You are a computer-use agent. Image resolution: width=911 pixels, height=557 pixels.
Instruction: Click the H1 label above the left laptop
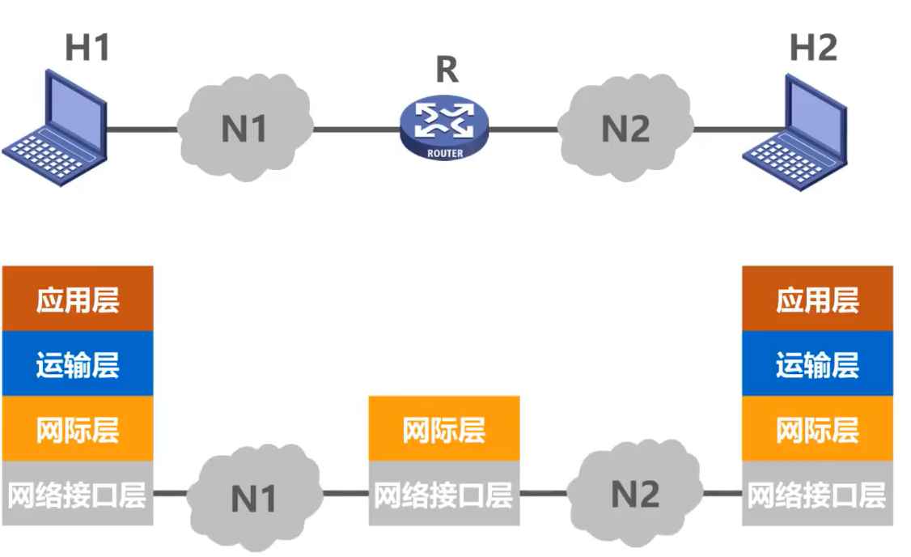point(87,49)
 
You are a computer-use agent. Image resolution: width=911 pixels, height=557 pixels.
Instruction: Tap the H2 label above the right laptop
point(813,49)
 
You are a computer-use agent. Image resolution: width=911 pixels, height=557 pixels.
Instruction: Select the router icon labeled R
point(445,125)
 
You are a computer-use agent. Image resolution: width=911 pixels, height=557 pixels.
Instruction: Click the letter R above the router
point(447,70)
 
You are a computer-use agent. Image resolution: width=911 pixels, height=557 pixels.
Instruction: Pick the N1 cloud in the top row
point(244,127)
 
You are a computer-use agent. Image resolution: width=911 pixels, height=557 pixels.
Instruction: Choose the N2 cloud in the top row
point(626,127)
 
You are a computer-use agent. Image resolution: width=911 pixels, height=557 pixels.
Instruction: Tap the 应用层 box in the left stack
point(78,299)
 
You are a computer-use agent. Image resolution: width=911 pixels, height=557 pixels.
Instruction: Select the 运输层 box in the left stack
point(78,364)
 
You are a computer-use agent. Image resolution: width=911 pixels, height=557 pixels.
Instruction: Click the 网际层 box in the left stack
point(78,429)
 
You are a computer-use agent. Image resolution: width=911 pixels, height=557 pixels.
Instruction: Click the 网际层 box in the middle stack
point(444,429)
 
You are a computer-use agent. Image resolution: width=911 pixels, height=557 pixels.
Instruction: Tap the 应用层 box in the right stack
point(818,299)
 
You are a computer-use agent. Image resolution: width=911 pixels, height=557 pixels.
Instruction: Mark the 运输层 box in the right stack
point(818,364)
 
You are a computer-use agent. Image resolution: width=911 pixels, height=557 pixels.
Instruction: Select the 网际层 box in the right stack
point(818,429)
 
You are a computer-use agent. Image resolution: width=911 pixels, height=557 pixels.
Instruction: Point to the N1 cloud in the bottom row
point(254,495)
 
